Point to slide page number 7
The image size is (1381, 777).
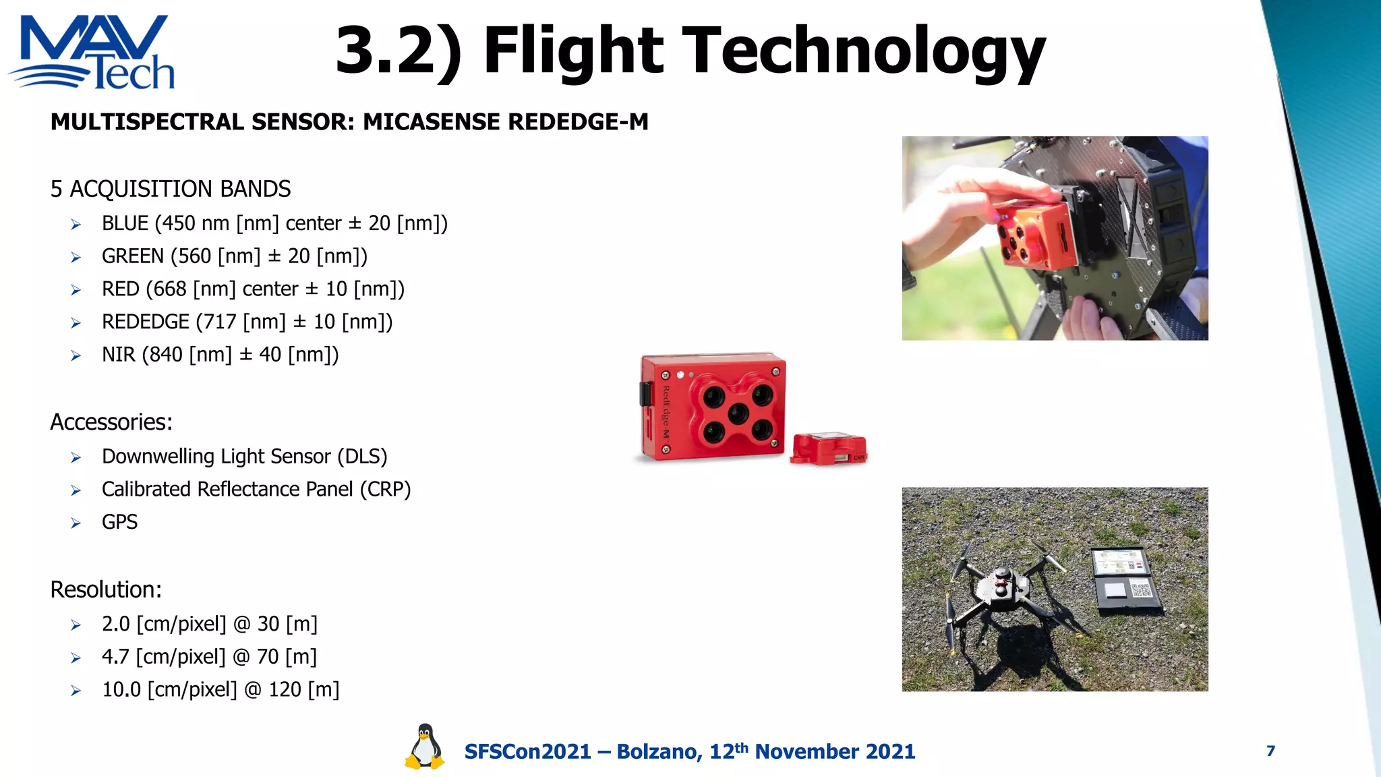pyautogui.click(x=1270, y=751)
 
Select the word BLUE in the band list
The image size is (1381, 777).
pyautogui.click(x=125, y=223)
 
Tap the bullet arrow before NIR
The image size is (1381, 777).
pyautogui.click(x=76, y=355)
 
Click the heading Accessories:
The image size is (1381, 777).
pyautogui.click(x=111, y=422)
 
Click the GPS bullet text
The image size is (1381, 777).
pyautogui.click(x=119, y=522)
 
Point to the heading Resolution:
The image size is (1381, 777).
pyautogui.click(x=106, y=589)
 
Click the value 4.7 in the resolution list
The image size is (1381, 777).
pyautogui.click(x=115, y=656)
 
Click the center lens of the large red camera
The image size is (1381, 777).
pyautogui.click(x=738, y=413)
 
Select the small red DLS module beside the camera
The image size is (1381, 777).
pyautogui.click(x=829, y=449)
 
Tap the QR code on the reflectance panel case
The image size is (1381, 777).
pyautogui.click(x=1141, y=590)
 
